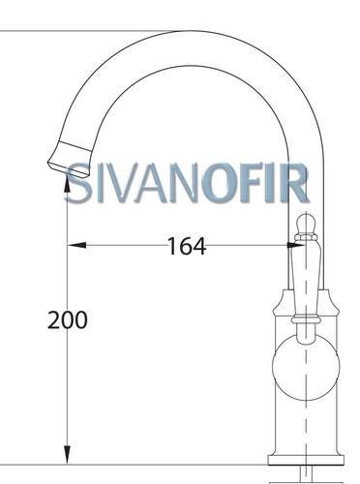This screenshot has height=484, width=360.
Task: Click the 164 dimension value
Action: (187, 246)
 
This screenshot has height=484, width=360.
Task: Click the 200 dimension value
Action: (68, 320)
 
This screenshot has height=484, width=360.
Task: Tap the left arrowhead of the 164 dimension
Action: (76, 246)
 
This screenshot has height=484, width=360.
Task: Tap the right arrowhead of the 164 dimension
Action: (295, 246)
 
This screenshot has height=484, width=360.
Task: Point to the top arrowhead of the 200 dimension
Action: (67, 183)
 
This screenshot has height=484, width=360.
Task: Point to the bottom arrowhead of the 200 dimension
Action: (67, 455)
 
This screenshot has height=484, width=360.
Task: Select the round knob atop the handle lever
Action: (306, 224)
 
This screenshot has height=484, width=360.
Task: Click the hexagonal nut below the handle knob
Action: (306, 238)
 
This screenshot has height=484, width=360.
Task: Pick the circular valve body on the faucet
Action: (306, 368)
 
